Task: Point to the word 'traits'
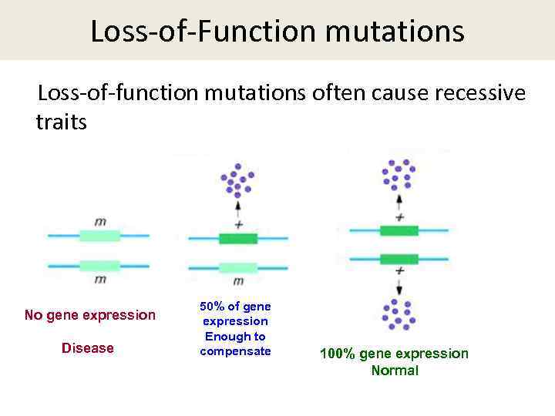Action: point(62,121)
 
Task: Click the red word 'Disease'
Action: point(87,348)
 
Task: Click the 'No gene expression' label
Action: point(89,315)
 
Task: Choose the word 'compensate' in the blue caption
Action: point(235,351)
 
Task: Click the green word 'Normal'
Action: point(395,371)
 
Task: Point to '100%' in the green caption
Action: point(336,354)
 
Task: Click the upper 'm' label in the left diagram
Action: point(100,222)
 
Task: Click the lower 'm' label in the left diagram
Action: point(100,279)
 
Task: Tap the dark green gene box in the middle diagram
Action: point(237,239)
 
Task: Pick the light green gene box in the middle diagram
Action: point(237,267)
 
